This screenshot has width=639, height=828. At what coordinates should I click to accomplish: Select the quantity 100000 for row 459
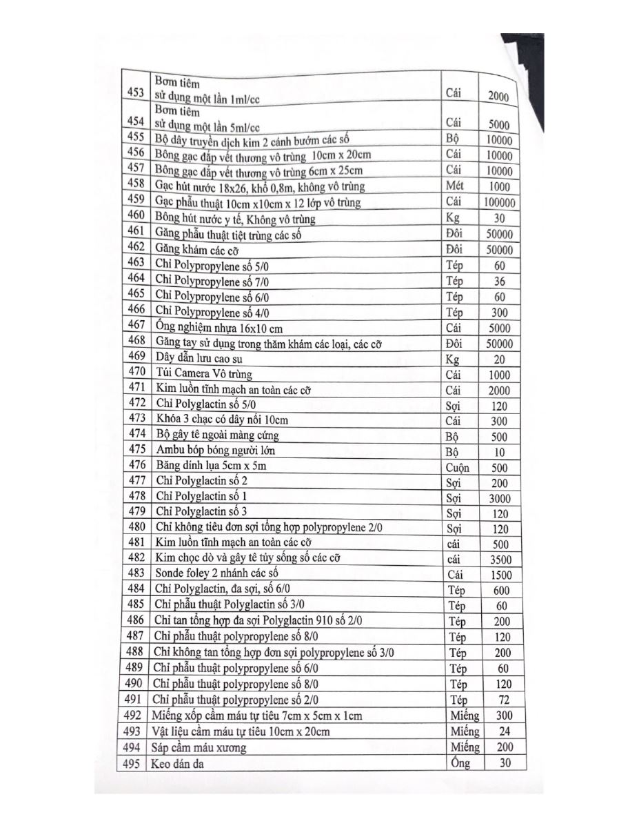tap(499, 203)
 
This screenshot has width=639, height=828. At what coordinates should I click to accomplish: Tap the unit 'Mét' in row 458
tap(455, 186)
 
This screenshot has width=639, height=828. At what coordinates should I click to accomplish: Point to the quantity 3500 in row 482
tap(500, 560)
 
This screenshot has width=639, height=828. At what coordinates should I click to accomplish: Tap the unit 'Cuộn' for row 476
tap(458, 468)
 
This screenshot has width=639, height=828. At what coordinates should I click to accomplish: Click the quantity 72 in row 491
tap(503, 700)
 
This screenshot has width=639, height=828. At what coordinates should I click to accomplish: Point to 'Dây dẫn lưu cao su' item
tap(199, 358)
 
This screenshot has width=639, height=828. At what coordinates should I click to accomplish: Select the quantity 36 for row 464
tap(500, 282)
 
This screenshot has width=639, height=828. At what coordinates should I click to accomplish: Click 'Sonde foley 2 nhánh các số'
tap(217, 573)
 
